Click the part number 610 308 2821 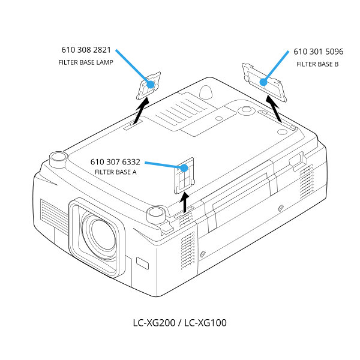coord(86,50)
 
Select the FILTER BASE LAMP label coord(86,62)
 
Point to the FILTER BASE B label coord(317,64)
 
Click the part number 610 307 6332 coord(115,162)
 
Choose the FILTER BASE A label coord(116,172)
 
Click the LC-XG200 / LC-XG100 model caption coord(180,323)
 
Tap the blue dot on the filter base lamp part coord(151,85)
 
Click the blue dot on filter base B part coord(263,82)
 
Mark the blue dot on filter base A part coord(186,168)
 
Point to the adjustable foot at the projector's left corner coord(58,158)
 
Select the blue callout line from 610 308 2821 coord(133,67)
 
